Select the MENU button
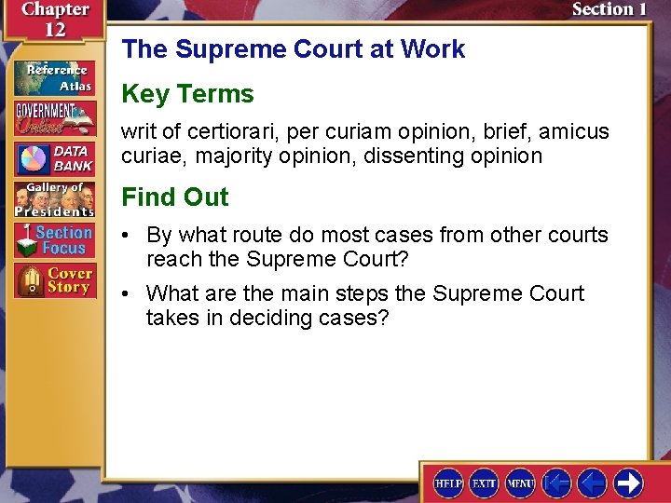[x=520, y=483]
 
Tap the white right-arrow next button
[x=627, y=483]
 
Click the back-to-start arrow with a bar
[x=556, y=483]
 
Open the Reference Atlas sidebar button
[x=54, y=77]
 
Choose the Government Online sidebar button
[x=54, y=117]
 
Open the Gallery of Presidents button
[x=54, y=199]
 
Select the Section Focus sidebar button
[x=54, y=240]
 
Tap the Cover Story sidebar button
[x=54, y=280]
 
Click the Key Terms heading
[x=187, y=94]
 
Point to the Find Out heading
[x=174, y=197]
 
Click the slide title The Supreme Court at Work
[x=293, y=48]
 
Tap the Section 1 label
[x=609, y=9]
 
